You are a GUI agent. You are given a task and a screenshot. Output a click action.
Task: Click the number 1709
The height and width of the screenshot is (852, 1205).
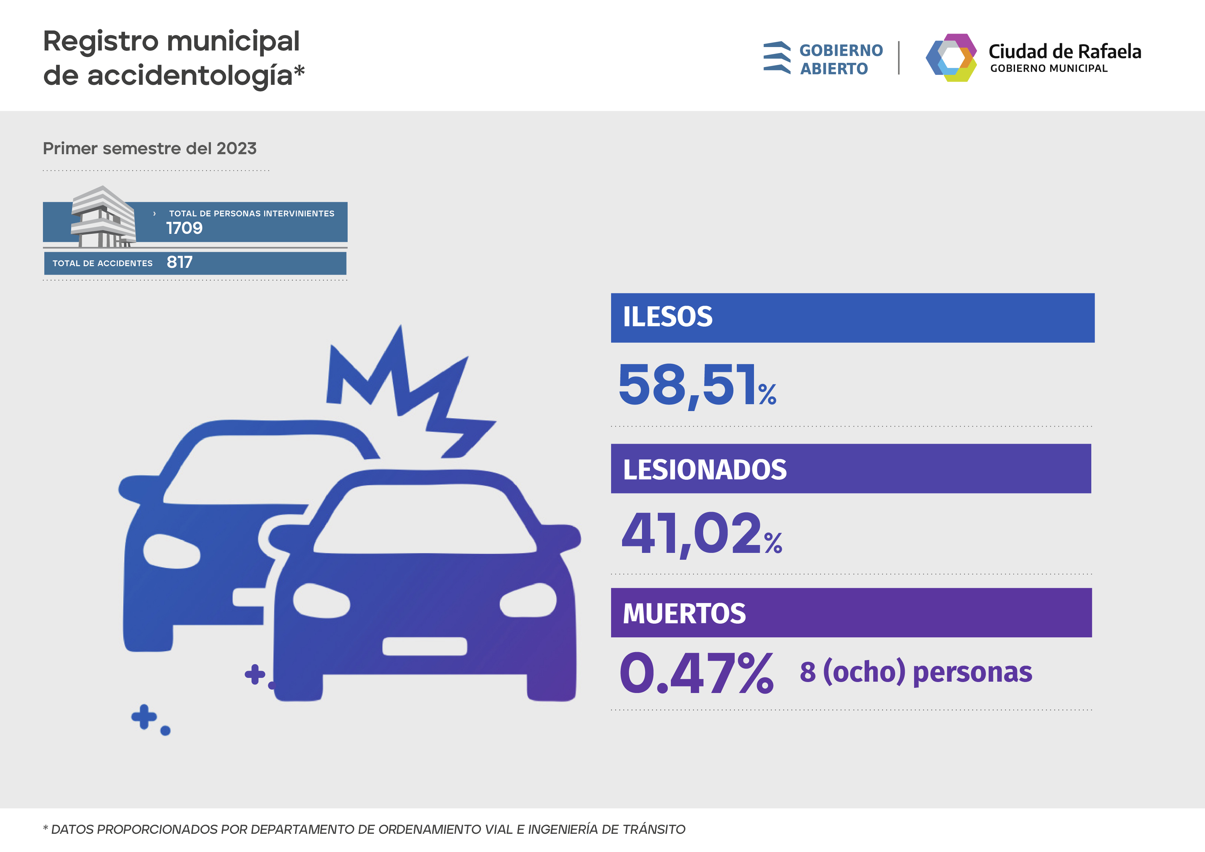184,228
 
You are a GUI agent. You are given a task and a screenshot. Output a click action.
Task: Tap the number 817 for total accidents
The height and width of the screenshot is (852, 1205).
180,262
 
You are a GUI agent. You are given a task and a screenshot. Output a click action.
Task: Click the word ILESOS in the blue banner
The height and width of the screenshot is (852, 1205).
667,317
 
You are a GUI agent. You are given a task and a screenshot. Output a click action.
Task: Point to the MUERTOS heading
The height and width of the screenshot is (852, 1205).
684,614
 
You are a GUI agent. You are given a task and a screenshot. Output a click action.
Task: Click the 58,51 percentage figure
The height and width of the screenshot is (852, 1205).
688,386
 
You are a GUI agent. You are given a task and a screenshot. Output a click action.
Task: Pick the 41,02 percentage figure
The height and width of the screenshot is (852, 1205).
692,534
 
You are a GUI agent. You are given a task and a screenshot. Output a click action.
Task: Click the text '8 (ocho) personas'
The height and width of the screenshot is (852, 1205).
915,672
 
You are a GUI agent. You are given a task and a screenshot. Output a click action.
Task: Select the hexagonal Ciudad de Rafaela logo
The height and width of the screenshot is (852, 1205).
951,58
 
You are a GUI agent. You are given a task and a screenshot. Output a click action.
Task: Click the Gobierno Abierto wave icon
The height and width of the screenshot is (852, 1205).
777,58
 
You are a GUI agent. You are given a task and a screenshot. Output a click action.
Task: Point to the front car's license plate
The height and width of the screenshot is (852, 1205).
424,646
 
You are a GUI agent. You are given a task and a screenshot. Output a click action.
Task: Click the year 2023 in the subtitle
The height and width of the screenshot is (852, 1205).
236,149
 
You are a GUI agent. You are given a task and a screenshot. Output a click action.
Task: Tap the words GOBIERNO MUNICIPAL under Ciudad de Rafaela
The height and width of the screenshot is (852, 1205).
1049,69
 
